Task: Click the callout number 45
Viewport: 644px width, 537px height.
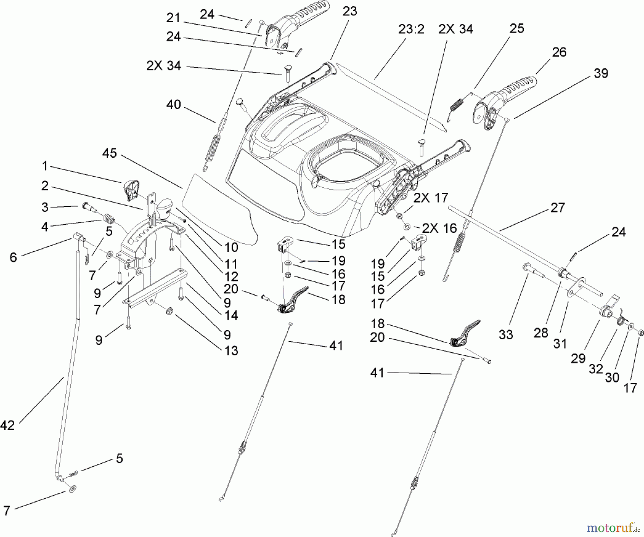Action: click(109, 153)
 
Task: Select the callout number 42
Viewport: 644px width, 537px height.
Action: click(8, 425)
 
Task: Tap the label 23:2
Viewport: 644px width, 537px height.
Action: click(411, 30)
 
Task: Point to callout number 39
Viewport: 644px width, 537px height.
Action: click(601, 74)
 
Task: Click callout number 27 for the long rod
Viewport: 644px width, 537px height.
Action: click(557, 208)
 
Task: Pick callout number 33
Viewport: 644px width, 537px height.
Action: click(506, 335)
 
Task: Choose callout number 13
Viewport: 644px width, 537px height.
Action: click(231, 350)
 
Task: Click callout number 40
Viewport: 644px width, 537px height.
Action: click(174, 105)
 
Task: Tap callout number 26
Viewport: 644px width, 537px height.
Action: click(559, 52)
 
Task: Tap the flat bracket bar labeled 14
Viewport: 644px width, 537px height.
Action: click(154, 290)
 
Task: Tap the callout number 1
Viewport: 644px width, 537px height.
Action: click(45, 166)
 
